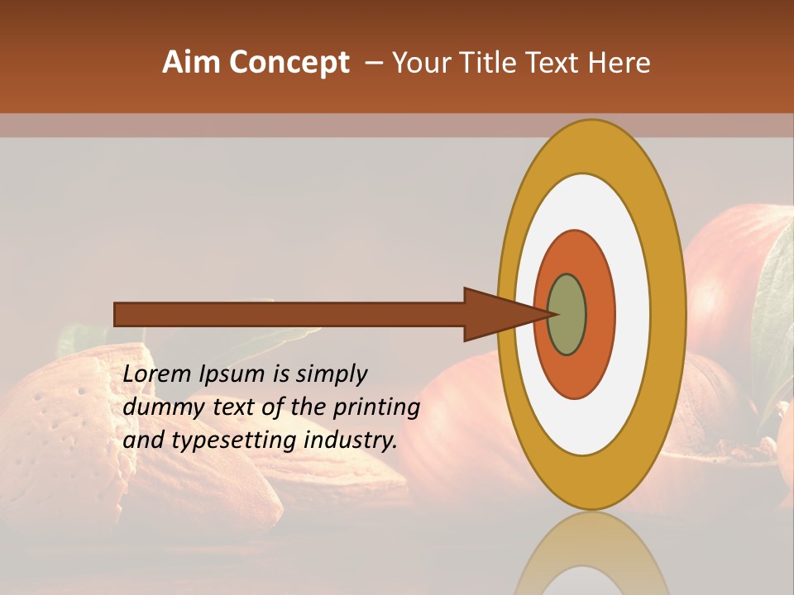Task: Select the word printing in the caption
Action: click(376, 408)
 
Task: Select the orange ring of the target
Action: click(600, 314)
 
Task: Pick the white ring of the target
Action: click(633, 314)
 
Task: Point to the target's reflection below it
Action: click(591, 558)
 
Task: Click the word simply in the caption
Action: click(331, 375)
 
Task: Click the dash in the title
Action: click(374, 63)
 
